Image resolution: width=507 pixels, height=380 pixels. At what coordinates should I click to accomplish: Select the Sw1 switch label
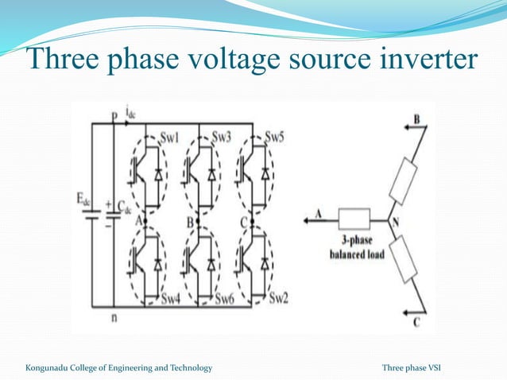point(170,137)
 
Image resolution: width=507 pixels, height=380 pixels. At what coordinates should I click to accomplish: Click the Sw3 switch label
point(221,137)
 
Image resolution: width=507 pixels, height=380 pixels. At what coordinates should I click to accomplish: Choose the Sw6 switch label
point(226,299)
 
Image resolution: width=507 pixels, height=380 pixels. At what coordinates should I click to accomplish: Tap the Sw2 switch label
point(278,298)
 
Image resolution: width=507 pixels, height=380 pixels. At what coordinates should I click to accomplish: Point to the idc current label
point(130,115)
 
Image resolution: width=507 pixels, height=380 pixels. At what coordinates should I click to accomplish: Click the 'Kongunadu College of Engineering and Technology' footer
point(118,367)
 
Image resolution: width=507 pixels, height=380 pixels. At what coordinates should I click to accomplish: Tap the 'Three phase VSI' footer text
point(416,367)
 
